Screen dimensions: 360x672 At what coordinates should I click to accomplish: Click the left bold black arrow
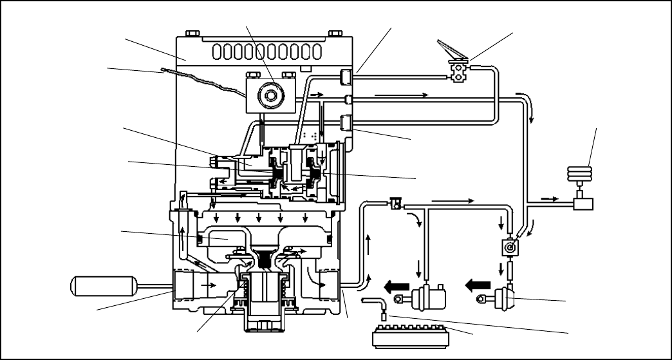397,285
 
